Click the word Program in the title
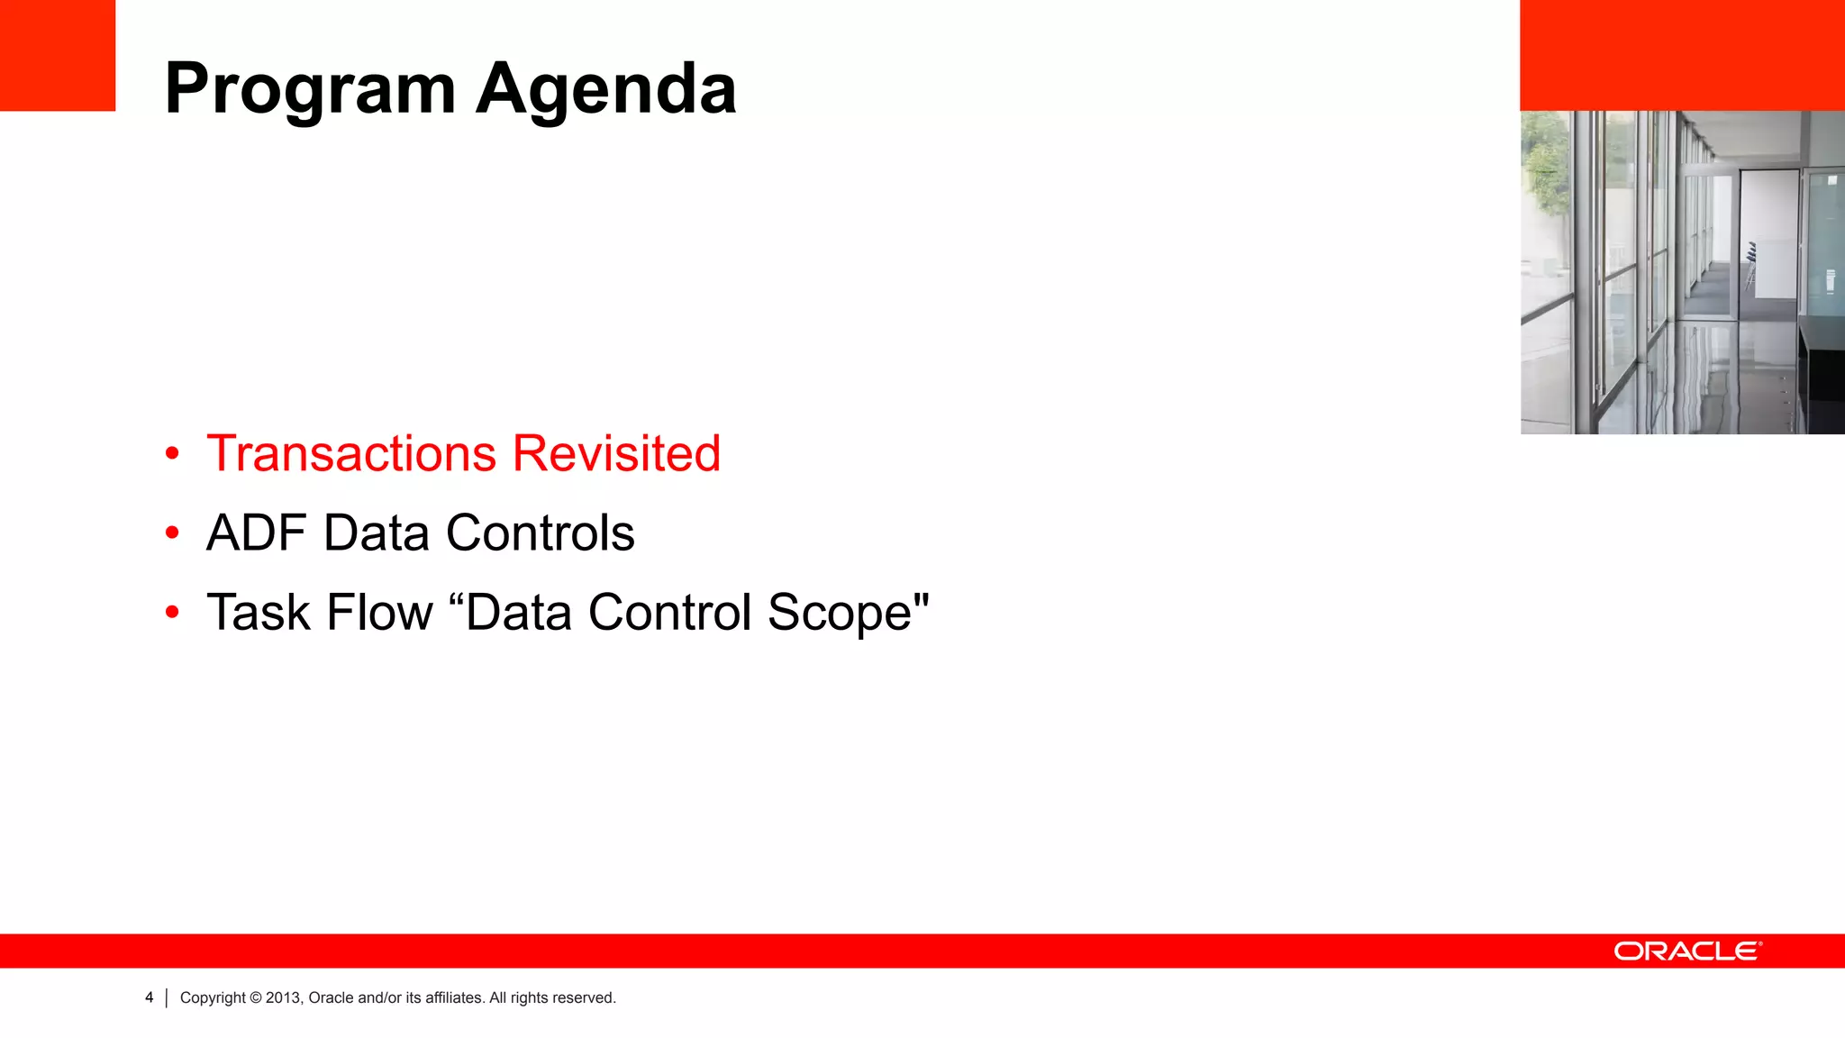[x=310, y=90]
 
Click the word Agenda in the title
[x=605, y=90]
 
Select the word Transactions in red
[x=351, y=453]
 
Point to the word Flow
[x=379, y=613]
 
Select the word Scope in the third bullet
[x=840, y=613]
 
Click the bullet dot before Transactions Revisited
[x=172, y=454]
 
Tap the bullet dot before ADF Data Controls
[x=172, y=533]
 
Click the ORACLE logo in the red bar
[x=1686, y=951]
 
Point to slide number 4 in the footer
[x=149, y=997]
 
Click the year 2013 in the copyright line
[x=283, y=997]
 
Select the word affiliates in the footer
[x=454, y=997]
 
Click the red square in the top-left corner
[x=57, y=54]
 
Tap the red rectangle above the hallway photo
[x=1682, y=54]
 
